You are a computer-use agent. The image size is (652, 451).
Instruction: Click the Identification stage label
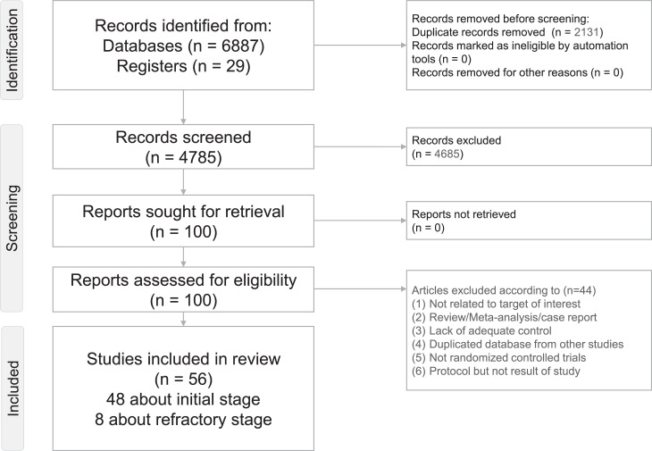click(15, 46)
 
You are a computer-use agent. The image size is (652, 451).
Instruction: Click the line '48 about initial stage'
click(182, 397)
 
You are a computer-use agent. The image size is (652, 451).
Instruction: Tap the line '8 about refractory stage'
click(182, 418)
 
